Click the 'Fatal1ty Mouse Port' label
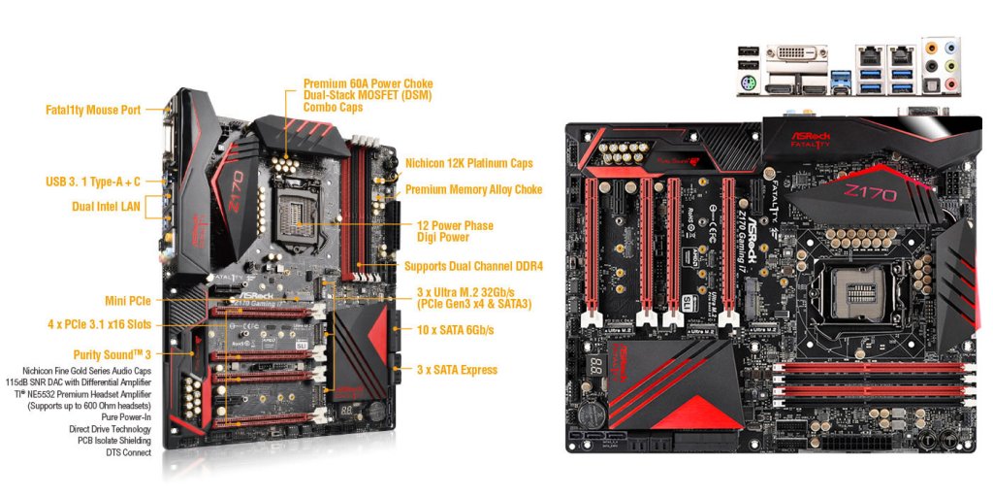click(91, 110)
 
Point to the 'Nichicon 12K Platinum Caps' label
click(468, 163)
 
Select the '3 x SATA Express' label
click(456, 370)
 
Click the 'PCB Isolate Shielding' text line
click(112, 440)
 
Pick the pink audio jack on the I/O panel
click(952, 86)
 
